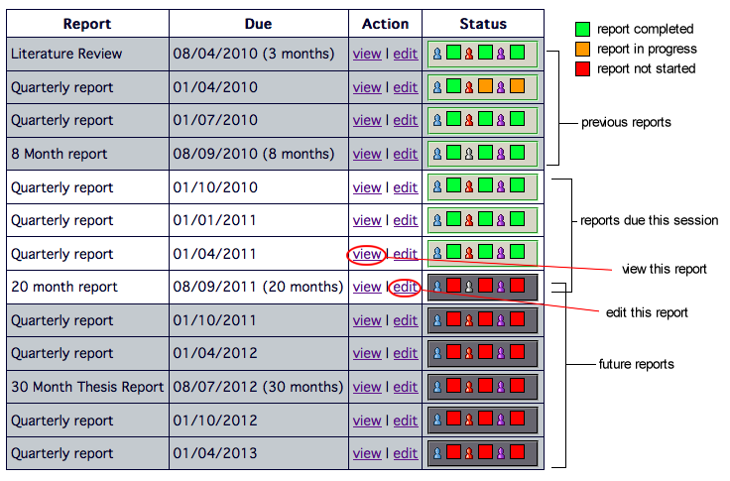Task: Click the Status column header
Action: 483,24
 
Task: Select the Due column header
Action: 259,24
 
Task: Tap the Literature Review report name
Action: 66,54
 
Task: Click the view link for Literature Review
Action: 367,54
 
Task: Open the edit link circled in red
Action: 405,288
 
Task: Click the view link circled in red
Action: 367,254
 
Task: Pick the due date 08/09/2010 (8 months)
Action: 254,154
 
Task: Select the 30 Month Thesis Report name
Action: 87,387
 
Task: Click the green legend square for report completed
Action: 582,29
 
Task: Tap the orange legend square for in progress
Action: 582,49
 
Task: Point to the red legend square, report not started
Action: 582,68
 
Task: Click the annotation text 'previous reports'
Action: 626,122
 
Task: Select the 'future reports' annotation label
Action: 637,364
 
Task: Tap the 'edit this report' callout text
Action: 647,312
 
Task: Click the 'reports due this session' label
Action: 649,220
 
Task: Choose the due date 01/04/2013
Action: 215,453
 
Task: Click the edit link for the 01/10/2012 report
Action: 405,421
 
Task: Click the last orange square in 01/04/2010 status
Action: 517,85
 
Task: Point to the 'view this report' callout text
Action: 665,269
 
